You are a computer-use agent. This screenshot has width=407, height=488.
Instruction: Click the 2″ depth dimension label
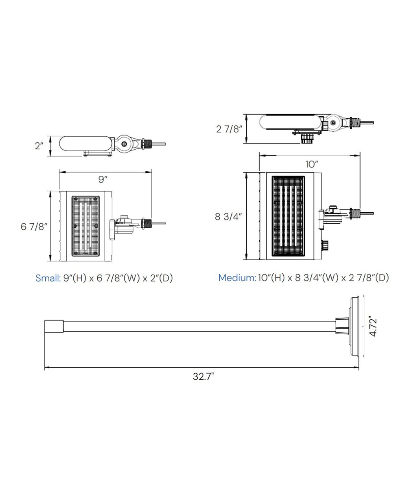(x=39, y=146)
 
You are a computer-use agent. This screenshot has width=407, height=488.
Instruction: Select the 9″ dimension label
(x=103, y=179)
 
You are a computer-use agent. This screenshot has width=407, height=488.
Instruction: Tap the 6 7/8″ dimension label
(x=34, y=227)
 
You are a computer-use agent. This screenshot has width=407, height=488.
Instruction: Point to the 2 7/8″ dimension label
(x=229, y=129)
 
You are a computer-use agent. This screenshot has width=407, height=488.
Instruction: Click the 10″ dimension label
(x=312, y=164)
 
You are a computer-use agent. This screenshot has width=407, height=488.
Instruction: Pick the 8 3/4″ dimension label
(x=228, y=217)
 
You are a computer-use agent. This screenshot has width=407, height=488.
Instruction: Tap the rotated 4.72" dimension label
(x=374, y=327)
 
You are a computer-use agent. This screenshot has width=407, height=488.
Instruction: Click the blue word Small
(x=48, y=278)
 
